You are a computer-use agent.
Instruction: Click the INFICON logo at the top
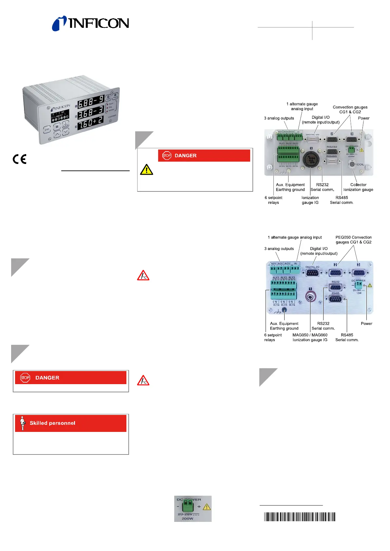[x=90, y=23]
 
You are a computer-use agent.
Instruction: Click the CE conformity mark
[x=20, y=159]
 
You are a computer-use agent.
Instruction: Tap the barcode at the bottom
[x=300, y=517]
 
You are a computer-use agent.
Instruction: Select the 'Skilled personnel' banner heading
[x=52, y=423]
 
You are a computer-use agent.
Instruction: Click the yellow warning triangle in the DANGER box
[x=146, y=169]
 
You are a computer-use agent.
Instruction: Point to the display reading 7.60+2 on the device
[x=90, y=123]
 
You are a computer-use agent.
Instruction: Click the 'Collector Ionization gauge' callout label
[x=358, y=187]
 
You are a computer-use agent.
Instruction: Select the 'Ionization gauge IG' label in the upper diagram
[x=310, y=200]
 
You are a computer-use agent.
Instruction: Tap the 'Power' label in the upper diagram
[x=363, y=118]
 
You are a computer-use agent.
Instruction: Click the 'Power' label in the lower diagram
[x=366, y=324]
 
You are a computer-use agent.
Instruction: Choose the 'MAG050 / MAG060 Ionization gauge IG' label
[x=310, y=337]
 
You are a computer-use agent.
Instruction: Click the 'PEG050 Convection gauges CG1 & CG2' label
[x=353, y=240]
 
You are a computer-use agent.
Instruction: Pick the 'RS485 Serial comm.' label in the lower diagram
[x=347, y=337]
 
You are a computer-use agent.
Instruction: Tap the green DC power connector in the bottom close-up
[x=188, y=507]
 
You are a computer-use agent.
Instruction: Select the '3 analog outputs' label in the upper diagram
[x=279, y=118]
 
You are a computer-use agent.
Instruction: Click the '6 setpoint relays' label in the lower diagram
[x=273, y=337]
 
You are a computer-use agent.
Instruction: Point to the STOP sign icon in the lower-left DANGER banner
[x=25, y=378]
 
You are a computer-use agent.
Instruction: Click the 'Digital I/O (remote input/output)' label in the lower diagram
[x=319, y=251]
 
